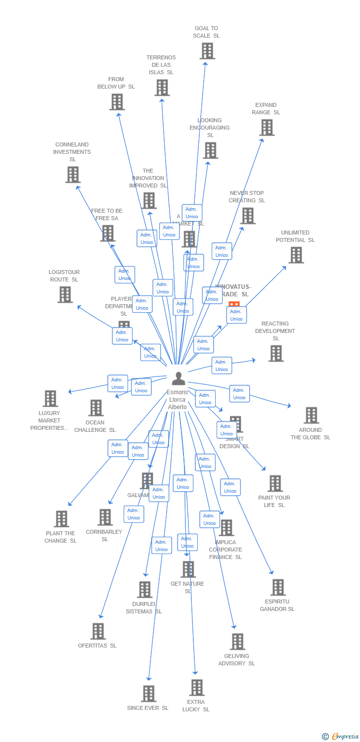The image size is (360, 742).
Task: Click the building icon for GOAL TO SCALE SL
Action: pyautogui.click(x=207, y=51)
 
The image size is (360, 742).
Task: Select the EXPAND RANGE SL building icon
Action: pyautogui.click(x=267, y=128)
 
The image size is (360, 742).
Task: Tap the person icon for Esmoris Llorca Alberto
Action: pyautogui.click(x=178, y=378)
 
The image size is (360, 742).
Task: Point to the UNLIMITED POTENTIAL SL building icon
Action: pyautogui.click(x=296, y=255)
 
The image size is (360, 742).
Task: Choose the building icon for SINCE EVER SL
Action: pyautogui.click(x=148, y=694)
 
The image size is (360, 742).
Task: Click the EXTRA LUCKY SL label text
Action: pyautogui.click(x=196, y=705)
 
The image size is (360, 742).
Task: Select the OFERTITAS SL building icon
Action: pyautogui.click(x=98, y=631)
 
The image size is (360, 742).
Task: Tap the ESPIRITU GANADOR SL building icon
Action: pyautogui.click(x=278, y=588)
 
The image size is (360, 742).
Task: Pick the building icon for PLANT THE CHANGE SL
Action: pyautogui.click(x=61, y=519)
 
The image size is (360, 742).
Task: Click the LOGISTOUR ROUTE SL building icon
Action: pyautogui.click(x=65, y=295)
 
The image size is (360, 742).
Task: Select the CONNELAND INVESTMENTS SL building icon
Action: pyautogui.click(x=73, y=175)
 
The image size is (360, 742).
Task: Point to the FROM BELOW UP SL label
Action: pyautogui.click(x=116, y=83)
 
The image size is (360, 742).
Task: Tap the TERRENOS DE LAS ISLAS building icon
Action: pyautogui.click(x=162, y=88)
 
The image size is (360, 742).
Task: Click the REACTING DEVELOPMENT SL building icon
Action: pyautogui.click(x=276, y=353)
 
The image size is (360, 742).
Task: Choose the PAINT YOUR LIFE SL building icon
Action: pyautogui.click(x=274, y=483)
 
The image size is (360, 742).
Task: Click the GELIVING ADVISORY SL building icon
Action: pyautogui.click(x=237, y=642)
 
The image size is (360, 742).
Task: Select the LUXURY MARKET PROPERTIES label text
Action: pyautogui.click(x=49, y=420)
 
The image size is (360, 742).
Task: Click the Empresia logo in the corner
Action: pyautogui.click(x=341, y=737)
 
